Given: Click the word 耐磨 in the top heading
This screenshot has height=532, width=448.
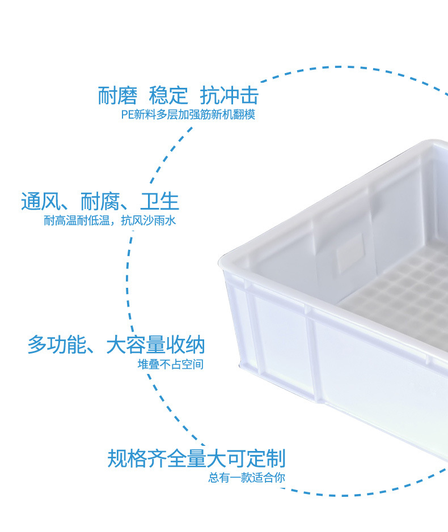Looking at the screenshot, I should (118, 95).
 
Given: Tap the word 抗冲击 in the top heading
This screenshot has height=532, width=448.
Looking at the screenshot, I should (229, 95).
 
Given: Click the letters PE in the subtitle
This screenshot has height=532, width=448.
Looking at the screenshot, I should (126, 115).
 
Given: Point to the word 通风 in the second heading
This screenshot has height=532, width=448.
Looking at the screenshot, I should (40, 201).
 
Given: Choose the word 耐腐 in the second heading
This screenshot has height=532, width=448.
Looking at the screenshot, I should (100, 201).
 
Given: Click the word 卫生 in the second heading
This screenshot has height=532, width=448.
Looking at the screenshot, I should (159, 201).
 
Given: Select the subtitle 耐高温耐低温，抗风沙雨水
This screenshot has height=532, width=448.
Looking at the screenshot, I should (110, 221).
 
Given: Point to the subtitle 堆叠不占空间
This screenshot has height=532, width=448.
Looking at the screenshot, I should (170, 364).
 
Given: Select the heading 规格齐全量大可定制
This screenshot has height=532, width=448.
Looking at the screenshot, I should (196, 458).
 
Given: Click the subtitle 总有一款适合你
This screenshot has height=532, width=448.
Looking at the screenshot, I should (247, 478).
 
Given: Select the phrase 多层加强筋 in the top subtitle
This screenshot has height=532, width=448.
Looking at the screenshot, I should (184, 115).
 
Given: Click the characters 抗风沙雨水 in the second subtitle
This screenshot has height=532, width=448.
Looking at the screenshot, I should (149, 221).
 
